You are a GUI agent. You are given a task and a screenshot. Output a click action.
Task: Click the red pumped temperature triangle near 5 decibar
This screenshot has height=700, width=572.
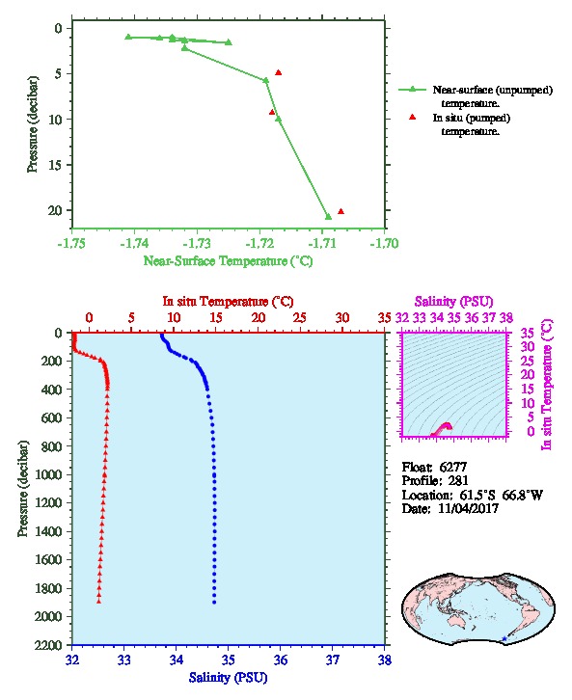(x=278, y=72)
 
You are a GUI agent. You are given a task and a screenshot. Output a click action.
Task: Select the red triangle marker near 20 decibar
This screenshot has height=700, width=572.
(x=340, y=211)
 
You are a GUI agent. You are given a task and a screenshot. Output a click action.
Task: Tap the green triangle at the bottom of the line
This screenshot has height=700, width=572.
(x=328, y=217)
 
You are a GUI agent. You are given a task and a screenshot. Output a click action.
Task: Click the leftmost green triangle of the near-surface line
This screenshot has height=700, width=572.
(x=128, y=37)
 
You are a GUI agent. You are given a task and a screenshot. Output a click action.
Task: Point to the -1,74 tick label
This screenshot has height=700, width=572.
(x=134, y=243)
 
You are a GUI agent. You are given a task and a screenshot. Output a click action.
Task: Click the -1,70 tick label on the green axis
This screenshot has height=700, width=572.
(x=385, y=243)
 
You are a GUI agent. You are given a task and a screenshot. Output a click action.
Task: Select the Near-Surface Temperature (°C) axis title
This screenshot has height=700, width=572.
(x=228, y=261)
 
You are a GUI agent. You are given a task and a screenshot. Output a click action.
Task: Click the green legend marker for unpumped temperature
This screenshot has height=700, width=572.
(x=412, y=90)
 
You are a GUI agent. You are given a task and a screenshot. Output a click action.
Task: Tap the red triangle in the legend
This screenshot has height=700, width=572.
(x=412, y=117)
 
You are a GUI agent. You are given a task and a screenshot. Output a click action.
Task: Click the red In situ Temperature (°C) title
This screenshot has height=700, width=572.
(x=228, y=302)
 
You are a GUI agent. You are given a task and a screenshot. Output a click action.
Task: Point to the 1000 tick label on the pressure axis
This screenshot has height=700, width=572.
(x=48, y=474)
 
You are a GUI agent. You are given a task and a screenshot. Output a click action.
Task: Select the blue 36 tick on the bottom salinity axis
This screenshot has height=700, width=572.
(x=281, y=660)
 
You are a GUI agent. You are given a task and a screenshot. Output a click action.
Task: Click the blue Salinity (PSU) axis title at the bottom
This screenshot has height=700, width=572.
(x=228, y=678)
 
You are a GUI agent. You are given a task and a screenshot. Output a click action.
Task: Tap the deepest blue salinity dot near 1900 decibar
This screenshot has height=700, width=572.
(x=214, y=603)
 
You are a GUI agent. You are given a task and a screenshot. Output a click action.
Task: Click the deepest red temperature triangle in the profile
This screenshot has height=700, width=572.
(x=98, y=602)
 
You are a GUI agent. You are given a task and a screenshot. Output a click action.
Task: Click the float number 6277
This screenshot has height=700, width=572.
(x=453, y=467)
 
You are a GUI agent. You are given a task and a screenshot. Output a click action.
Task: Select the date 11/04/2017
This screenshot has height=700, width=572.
(x=469, y=508)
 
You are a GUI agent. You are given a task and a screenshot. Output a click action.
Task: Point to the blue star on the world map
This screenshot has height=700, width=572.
(x=504, y=639)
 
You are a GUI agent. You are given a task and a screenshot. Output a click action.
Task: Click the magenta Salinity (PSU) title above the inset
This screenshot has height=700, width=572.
(x=454, y=302)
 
